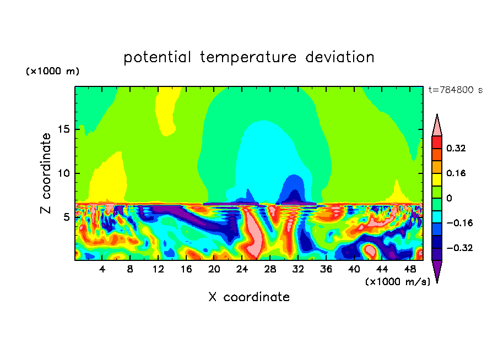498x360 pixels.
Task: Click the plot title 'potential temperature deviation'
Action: coord(249,57)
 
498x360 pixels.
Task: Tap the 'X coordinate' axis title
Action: coord(249,297)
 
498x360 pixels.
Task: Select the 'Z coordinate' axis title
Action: coord(46,173)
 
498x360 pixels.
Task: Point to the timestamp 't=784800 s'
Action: coord(456,90)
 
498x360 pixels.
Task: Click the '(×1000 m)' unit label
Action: coord(52,72)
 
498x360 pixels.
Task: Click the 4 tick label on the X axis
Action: coord(102,269)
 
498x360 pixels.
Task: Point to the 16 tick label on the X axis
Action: coord(186,269)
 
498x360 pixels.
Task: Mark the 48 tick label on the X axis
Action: coord(409,269)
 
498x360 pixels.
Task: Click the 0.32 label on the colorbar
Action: coord(457,148)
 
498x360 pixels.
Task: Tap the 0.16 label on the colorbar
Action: coord(457,173)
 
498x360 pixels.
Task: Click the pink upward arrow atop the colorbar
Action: coord(437,126)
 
